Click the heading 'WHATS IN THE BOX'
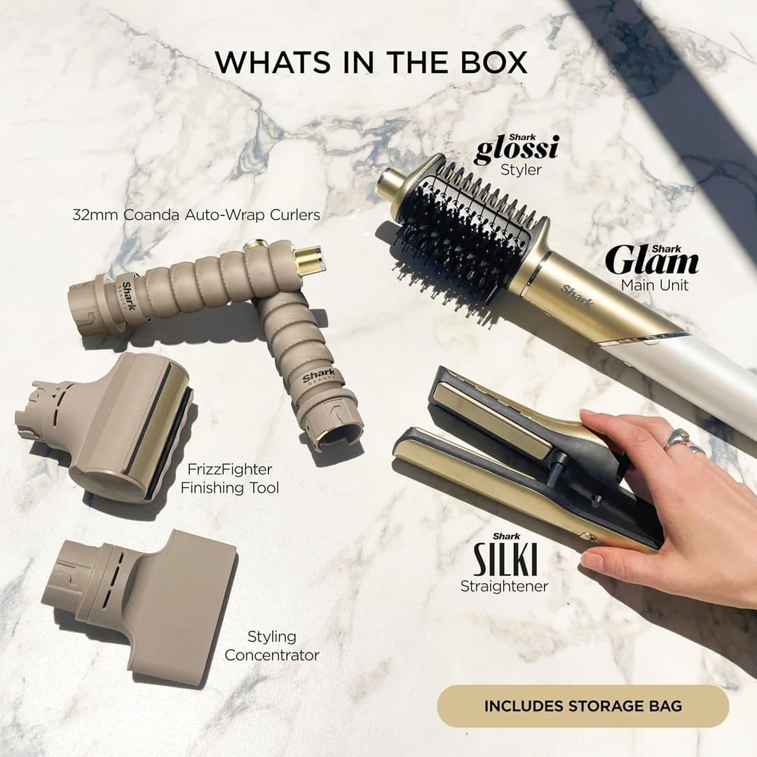tap(371, 62)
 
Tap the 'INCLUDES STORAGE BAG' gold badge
tap(582, 706)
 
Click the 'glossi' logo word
tap(517, 150)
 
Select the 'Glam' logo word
tap(652, 261)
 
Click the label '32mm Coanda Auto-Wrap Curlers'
tap(196, 215)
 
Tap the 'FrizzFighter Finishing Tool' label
tap(230, 478)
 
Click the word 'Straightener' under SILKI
tap(504, 585)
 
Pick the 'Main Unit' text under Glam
tap(655, 285)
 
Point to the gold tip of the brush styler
tap(388, 184)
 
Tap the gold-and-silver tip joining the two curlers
tap(308, 259)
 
